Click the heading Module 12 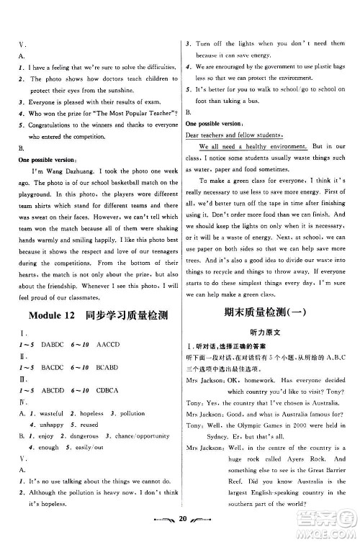tap(54, 317)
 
